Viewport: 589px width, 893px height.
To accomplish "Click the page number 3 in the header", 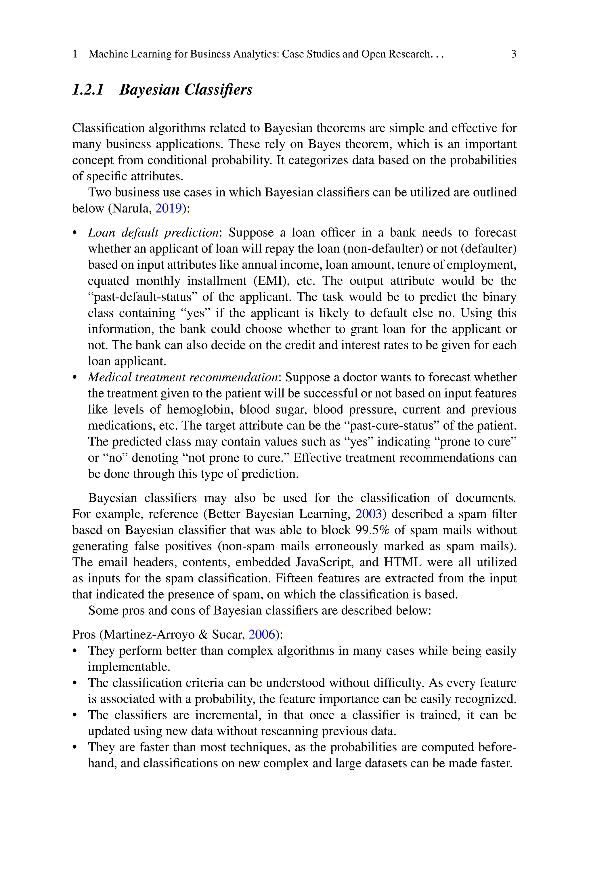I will pos(513,54).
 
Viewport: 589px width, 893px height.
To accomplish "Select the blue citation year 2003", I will pos(368,514).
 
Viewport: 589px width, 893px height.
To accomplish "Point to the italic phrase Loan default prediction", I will pos(153,233).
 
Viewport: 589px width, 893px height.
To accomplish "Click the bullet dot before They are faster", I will pos(75,747).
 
